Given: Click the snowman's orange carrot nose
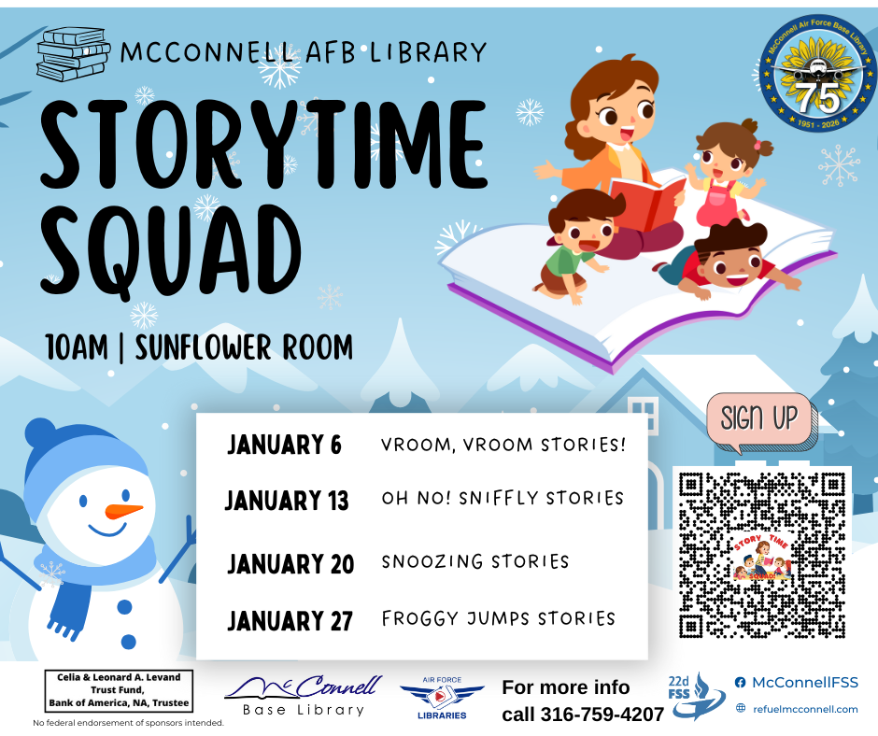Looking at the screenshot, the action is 123,510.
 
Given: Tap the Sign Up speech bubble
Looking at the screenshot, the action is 761,421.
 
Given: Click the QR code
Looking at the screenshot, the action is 761,555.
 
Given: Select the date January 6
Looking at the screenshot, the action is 284,445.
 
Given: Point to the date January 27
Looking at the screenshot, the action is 290,620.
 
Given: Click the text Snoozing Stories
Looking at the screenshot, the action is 474,561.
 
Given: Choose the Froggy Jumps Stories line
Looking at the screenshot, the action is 499,618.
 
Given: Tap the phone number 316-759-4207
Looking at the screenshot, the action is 602,715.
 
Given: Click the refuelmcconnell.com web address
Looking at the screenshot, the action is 805,709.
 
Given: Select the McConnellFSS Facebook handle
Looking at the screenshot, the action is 804,682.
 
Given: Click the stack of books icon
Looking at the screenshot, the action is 73,54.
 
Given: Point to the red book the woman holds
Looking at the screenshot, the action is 646,202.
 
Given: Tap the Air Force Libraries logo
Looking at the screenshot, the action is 442,698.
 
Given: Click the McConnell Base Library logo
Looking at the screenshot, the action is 304,695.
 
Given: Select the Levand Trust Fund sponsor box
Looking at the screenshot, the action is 119,690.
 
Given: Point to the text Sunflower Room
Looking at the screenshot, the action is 244,347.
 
